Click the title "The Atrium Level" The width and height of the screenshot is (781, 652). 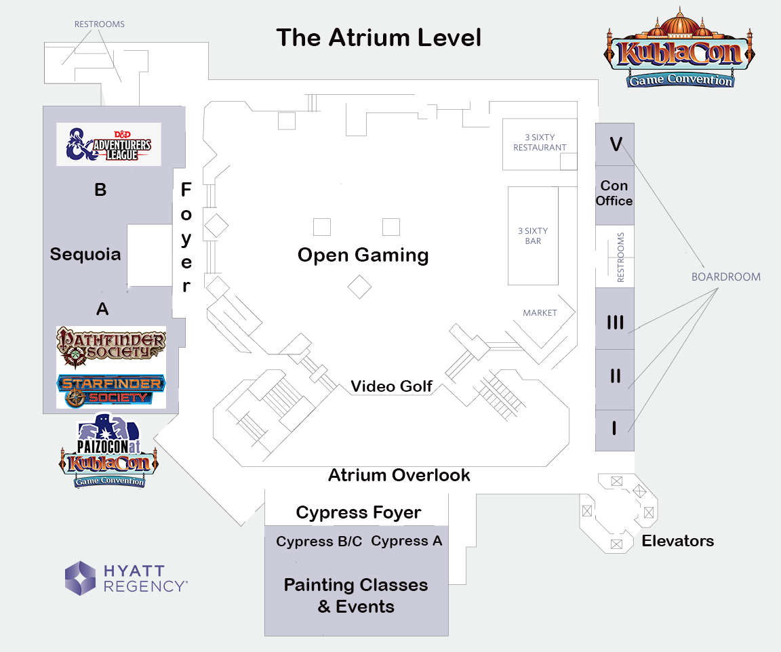pyautogui.click(x=378, y=37)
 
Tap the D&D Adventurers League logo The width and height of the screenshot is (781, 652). pyautogui.click(x=108, y=144)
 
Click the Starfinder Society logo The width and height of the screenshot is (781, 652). pyautogui.click(x=111, y=391)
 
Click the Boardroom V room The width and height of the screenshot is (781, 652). pyautogui.click(x=615, y=144)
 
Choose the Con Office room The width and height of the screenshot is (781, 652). pyautogui.click(x=615, y=193)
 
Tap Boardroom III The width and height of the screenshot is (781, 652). pyautogui.click(x=615, y=323)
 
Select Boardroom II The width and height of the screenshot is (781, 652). pyautogui.click(x=615, y=376)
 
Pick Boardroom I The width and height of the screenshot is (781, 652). pyautogui.click(x=615, y=428)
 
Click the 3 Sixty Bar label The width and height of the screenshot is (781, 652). pyautogui.click(x=533, y=236)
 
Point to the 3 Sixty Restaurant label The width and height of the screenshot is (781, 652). pyautogui.click(x=540, y=142)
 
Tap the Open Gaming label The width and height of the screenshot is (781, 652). pyautogui.click(x=363, y=256)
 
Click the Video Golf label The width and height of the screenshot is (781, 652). pyautogui.click(x=391, y=386)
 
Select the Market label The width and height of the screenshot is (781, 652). pyautogui.click(x=540, y=313)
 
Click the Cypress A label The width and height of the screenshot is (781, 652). pyautogui.click(x=407, y=541)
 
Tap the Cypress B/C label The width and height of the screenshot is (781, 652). pyautogui.click(x=319, y=542)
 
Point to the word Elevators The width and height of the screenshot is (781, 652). pyautogui.click(x=677, y=541)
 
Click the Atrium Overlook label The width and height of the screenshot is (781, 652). pyautogui.click(x=399, y=475)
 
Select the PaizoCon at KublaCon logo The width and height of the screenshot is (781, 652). pyautogui.click(x=109, y=451)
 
